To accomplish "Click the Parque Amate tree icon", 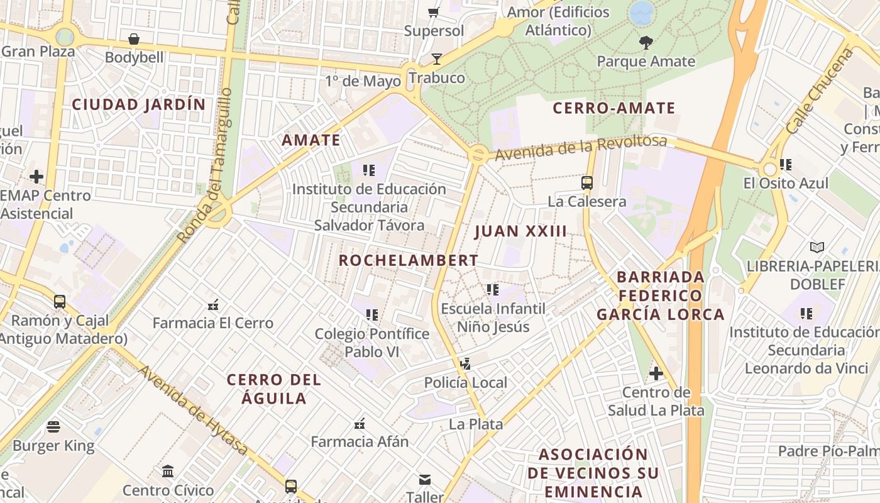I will click(x=646, y=43).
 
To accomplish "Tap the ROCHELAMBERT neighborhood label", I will click(x=409, y=260).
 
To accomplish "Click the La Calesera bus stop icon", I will click(x=587, y=183).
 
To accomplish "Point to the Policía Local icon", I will click(x=465, y=363).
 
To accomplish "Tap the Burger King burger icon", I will click(x=53, y=427).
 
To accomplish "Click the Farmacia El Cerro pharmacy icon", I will click(x=213, y=305).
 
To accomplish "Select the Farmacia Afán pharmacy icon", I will click(x=360, y=423).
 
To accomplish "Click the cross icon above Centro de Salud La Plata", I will click(x=656, y=373).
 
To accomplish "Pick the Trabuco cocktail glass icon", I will click(x=436, y=59).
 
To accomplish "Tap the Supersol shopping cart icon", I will click(x=433, y=12).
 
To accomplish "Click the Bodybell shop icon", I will click(x=134, y=39).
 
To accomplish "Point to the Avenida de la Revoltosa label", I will click(x=580, y=147).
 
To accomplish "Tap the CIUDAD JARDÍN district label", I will click(x=139, y=104).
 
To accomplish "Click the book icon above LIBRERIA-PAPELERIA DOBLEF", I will click(x=817, y=247).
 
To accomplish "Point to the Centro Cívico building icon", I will click(x=168, y=471).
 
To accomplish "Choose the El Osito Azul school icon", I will click(x=785, y=165).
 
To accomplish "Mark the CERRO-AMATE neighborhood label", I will click(x=613, y=108).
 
